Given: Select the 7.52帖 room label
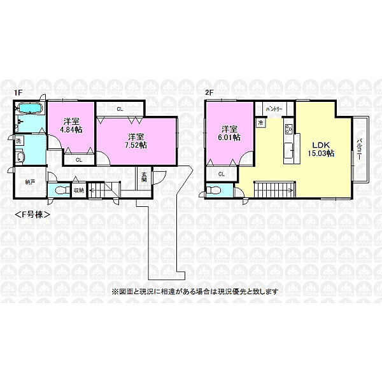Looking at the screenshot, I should point(134,140).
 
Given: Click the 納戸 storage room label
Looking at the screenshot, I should point(31,182).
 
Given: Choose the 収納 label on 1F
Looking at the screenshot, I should point(78,190).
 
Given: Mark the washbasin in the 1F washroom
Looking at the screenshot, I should point(20,157).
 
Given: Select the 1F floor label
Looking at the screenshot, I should point(18,93).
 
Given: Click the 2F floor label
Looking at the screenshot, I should point(208,93).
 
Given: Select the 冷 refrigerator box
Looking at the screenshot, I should point(261,122).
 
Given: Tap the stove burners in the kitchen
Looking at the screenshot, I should point(288,130).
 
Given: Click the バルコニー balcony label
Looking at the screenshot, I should point(360,150).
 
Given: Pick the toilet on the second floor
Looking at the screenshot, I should point(215,190).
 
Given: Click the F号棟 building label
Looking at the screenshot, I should point(32,214).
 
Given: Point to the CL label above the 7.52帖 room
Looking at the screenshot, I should point(120,109).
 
